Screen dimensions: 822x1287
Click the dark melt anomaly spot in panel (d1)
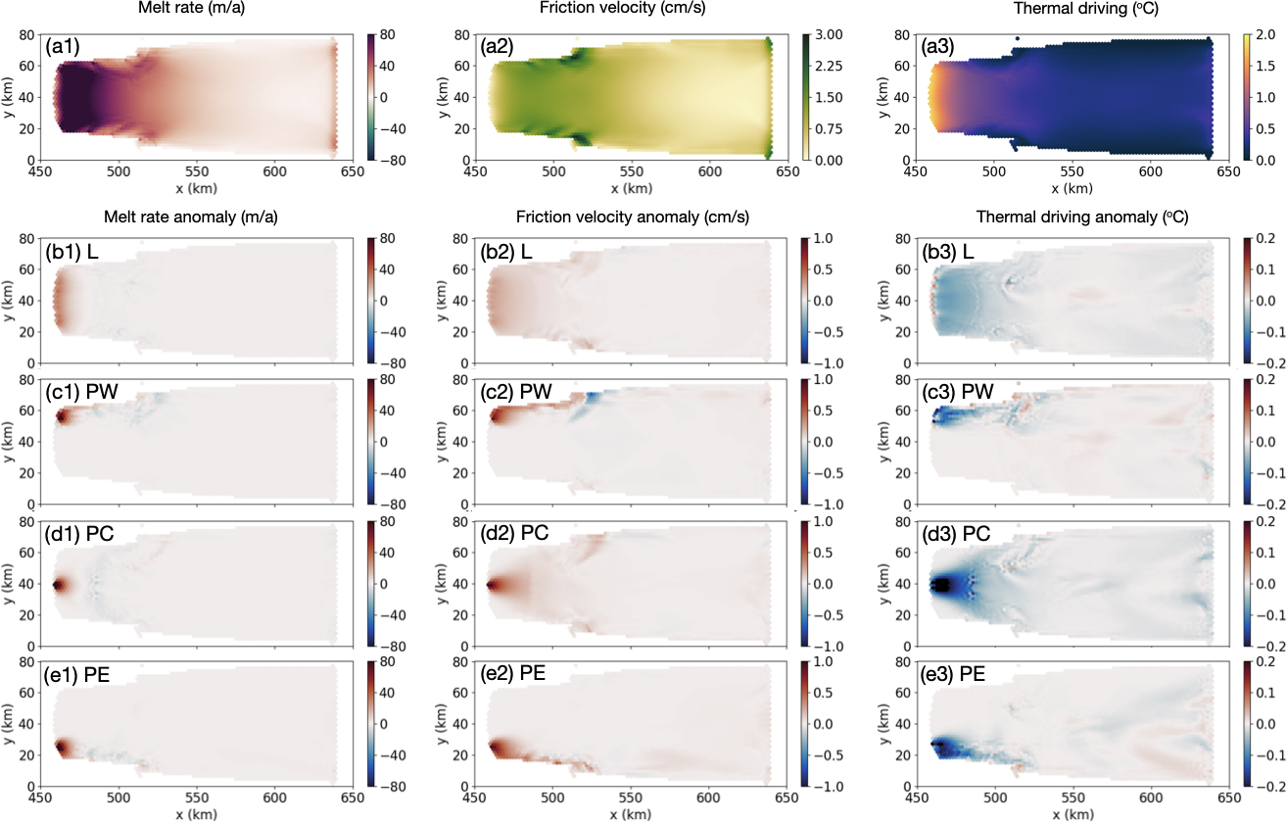pos(58,585)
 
